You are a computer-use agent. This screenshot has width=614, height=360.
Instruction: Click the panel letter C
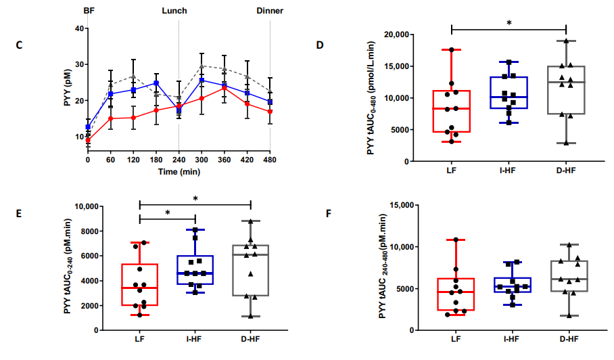point(19,45)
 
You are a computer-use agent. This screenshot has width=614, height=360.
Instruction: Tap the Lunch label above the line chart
point(174,11)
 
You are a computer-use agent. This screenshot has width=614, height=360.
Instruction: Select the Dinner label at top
point(270,11)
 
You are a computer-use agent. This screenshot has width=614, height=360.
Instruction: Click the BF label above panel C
point(89,11)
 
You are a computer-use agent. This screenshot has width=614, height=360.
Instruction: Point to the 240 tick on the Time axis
point(179,160)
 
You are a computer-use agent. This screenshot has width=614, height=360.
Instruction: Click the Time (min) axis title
point(179,172)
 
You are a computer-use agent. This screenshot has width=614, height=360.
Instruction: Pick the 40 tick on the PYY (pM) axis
point(79,28)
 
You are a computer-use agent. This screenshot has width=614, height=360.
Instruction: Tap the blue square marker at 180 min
point(156,83)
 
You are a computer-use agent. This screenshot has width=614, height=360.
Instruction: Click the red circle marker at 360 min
point(225,88)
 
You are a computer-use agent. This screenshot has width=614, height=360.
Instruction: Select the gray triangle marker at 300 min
point(202,66)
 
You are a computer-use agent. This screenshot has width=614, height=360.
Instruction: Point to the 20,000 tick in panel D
point(396,35)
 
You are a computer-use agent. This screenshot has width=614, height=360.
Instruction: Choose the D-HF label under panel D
point(566,171)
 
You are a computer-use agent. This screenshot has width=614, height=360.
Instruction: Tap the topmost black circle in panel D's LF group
point(452,50)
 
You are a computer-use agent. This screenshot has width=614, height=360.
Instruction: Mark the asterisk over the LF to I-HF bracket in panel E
point(168,213)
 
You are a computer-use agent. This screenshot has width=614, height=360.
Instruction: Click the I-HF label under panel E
point(194,339)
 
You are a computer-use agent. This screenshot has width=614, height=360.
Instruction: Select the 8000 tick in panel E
point(90,231)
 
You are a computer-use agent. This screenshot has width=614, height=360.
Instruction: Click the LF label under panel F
point(456,339)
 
